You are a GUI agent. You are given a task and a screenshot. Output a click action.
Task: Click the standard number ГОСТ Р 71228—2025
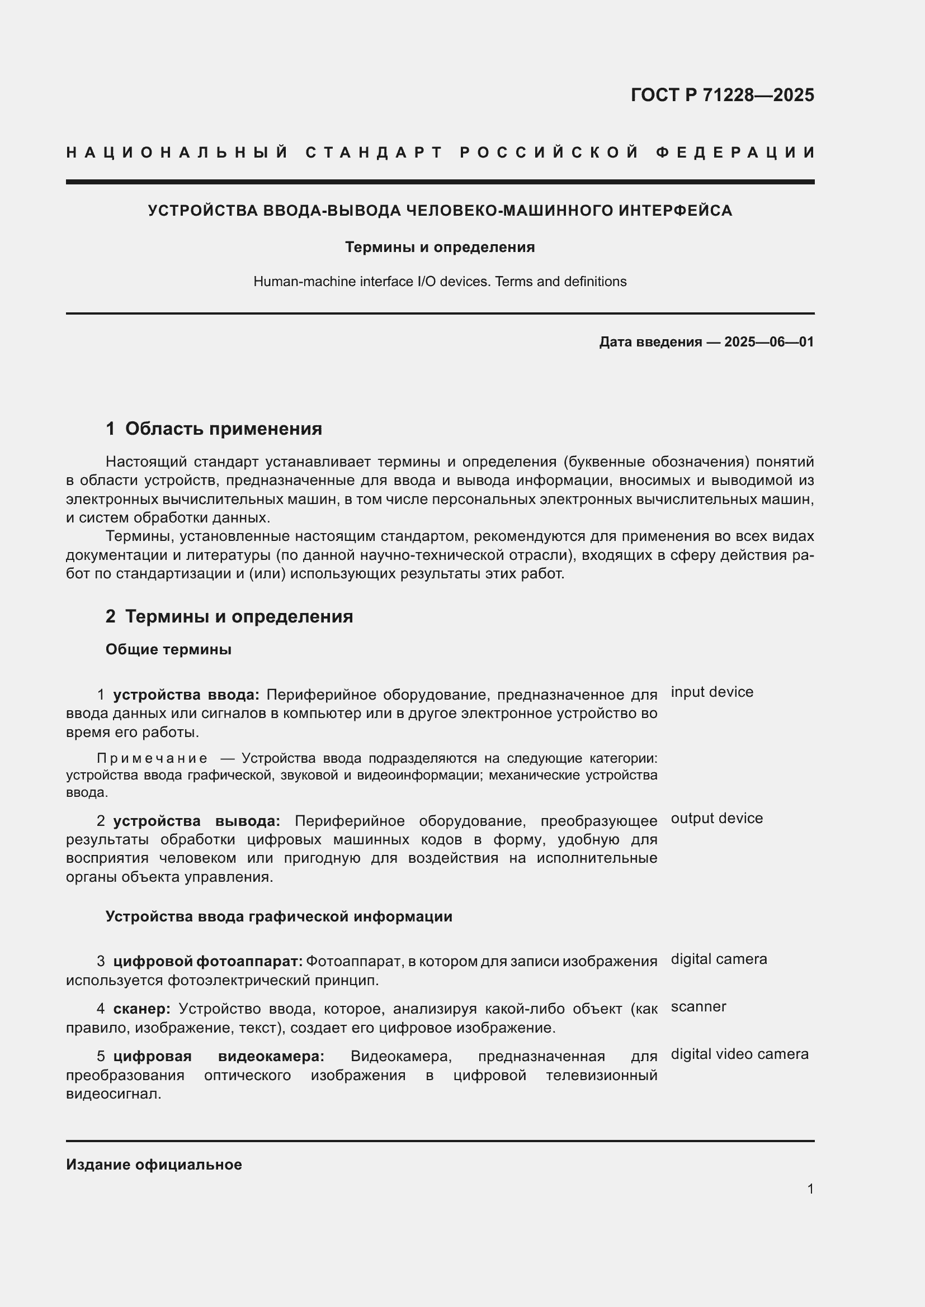pyautogui.click(x=721, y=94)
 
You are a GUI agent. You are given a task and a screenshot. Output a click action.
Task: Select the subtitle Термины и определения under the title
pyautogui.click(x=440, y=247)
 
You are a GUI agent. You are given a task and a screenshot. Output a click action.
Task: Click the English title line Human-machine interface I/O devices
pyautogui.click(x=440, y=282)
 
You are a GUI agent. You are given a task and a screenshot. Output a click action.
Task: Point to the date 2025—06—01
pyautogui.click(x=769, y=342)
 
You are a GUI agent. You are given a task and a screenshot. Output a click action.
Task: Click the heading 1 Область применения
pyautogui.click(x=214, y=429)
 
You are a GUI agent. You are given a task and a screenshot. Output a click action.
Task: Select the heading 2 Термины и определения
pyautogui.click(x=229, y=616)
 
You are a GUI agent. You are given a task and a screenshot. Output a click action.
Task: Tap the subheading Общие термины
pyautogui.click(x=168, y=649)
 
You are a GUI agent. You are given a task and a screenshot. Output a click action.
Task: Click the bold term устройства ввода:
pyautogui.click(x=186, y=695)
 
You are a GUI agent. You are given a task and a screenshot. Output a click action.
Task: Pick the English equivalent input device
pyautogui.click(x=712, y=692)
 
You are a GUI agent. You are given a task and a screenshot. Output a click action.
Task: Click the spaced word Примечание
pyautogui.click(x=152, y=758)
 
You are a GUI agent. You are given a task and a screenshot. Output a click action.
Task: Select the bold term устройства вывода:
pyautogui.click(x=196, y=821)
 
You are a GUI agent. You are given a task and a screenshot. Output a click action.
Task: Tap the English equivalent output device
pyautogui.click(x=716, y=819)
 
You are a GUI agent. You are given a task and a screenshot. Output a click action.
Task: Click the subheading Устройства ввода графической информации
pyautogui.click(x=279, y=916)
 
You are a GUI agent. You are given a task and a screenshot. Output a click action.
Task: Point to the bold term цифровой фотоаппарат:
pyautogui.click(x=207, y=962)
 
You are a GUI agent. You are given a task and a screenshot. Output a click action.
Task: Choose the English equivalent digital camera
pyautogui.click(x=719, y=959)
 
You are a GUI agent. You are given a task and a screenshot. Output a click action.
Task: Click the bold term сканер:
pyautogui.click(x=141, y=1009)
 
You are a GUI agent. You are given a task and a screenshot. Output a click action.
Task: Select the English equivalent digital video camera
pyautogui.click(x=739, y=1054)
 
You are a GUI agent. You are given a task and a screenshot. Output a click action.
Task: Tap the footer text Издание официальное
pyautogui.click(x=154, y=1165)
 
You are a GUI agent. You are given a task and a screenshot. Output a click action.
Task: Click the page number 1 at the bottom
pyautogui.click(x=810, y=1189)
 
